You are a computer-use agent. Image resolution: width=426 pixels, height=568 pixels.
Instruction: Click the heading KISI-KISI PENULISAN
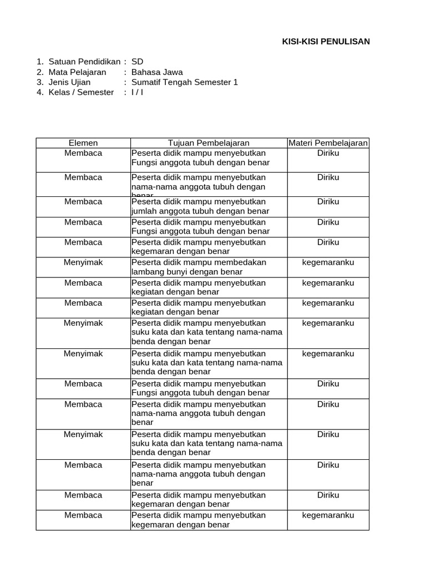coord(326,42)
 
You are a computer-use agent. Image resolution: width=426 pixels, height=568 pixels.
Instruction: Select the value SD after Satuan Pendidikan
coord(137,62)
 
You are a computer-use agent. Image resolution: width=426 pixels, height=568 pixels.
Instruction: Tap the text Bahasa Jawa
coord(157,72)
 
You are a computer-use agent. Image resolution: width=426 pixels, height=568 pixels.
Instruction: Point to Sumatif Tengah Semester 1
coord(185,82)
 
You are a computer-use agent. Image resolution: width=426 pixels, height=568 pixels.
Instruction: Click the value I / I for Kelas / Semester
coord(137,92)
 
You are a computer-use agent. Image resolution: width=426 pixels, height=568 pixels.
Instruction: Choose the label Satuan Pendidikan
coord(84,62)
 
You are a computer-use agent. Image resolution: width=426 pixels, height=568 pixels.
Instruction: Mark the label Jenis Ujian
coord(69,82)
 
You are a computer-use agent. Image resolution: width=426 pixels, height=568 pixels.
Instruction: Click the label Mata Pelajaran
coord(77,72)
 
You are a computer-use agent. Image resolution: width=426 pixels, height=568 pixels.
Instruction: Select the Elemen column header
coord(83,143)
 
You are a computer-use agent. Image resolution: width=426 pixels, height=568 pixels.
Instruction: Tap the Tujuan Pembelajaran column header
coord(209,143)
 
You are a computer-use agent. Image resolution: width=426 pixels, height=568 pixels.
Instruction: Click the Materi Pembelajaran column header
coord(328,143)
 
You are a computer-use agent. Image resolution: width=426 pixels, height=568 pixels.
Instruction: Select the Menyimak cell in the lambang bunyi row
coord(83,262)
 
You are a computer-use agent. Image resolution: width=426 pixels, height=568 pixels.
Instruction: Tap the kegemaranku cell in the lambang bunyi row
coord(328,262)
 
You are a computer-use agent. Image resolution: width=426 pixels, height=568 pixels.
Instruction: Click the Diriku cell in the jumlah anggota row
coord(328,202)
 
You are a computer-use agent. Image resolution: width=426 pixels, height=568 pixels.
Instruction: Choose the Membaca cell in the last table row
coord(83,515)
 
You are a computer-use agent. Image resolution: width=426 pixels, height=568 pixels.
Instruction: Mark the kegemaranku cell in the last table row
coord(328,515)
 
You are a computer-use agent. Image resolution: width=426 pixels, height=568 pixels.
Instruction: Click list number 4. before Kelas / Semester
coord(39,92)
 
